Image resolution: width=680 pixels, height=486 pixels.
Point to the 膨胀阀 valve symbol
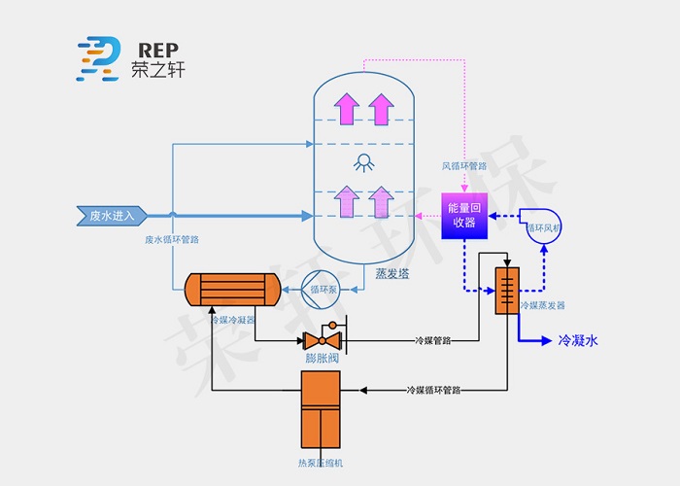click(x=321, y=339)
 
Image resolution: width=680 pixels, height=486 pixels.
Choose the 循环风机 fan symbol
click(x=543, y=227)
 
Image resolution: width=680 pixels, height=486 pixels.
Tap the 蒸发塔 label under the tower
click(x=391, y=274)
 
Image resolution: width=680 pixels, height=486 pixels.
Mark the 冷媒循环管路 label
click(x=433, y=390)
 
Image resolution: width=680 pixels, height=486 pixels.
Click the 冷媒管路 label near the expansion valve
click(x=434, y=340)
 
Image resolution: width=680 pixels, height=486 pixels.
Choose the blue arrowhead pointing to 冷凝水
click(x=544, y=341)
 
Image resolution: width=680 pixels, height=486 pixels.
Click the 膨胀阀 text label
click(x=321, y=359)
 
